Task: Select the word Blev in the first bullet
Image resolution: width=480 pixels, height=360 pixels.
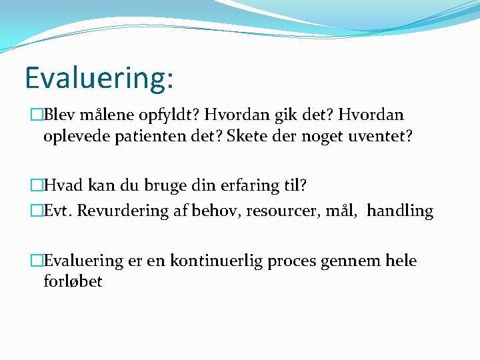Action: pyautogui.click(x=59, y=115)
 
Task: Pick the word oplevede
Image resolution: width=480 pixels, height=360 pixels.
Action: pyautogui.click(x=75, y=137)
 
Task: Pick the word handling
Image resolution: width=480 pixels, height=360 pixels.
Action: pyautogui.click(x=400, y=211)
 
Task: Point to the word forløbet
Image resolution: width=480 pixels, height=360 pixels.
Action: pyautogui.click(x=73, y=281)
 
